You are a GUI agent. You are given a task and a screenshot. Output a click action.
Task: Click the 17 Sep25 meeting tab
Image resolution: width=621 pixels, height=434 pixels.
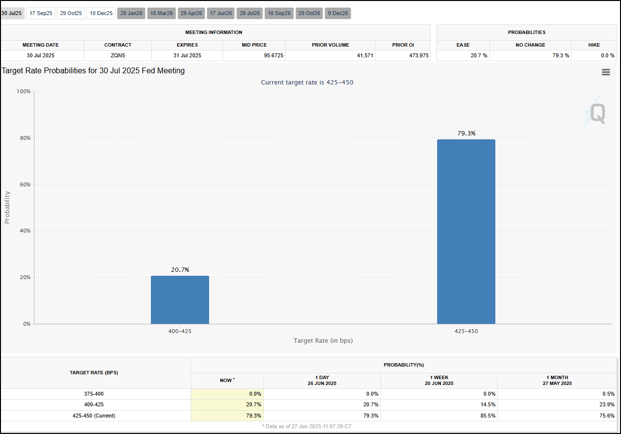point(41,13)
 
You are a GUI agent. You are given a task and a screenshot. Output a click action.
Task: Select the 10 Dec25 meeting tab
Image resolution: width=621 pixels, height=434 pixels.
point(101,13)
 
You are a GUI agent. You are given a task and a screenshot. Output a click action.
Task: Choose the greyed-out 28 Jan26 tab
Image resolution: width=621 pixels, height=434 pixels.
point(131,13)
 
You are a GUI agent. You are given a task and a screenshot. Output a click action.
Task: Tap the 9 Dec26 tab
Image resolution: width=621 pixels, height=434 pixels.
point(338,13)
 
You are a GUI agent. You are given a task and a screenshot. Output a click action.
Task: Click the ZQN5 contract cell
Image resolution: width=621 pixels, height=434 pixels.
point(117,55)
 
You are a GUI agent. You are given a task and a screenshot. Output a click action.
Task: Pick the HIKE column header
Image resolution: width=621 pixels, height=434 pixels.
point(594,45)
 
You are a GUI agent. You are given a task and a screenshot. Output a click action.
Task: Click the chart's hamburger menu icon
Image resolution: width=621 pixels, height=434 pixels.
point(605,72)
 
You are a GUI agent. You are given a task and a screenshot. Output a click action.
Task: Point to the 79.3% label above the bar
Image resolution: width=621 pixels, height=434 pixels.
point(466,133)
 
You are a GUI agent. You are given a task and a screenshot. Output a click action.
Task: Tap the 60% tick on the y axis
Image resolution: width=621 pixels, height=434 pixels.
point(24,184)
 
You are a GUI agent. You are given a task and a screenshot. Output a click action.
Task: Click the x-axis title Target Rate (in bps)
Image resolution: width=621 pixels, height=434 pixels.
point(323,340)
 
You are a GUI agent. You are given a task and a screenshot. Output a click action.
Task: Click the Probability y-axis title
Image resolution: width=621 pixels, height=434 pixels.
point(7,207)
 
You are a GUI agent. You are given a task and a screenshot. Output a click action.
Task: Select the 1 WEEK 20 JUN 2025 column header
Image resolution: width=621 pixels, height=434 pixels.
point(439,380)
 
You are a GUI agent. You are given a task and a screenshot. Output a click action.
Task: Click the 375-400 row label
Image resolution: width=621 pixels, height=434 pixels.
point(94,394)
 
